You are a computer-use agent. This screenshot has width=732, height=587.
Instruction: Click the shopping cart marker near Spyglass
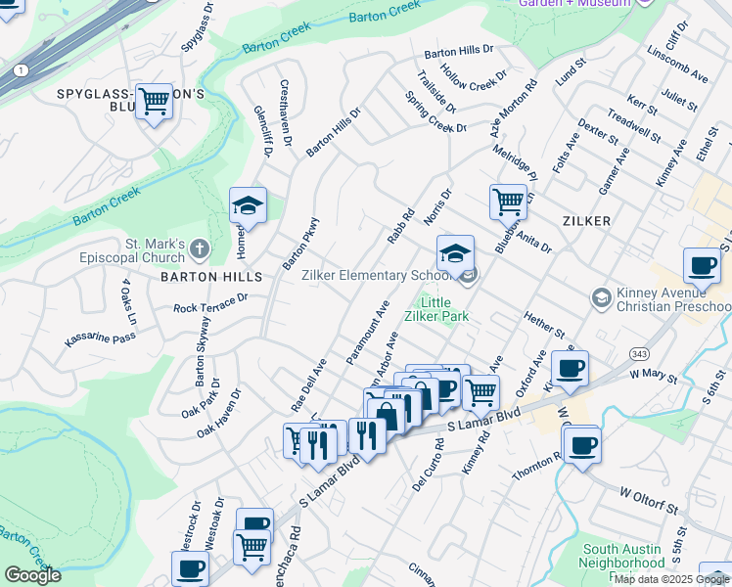click(154, 101)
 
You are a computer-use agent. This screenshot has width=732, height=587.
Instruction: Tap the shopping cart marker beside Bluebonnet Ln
click(508, 203)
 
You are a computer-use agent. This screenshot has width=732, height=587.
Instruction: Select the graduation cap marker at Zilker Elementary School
click(455, 253)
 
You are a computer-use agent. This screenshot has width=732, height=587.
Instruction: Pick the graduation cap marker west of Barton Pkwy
click(248, 206)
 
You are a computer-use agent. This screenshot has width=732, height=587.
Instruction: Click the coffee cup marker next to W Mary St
click(570, 369)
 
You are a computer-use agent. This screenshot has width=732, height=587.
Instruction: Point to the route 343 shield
click(639, 352)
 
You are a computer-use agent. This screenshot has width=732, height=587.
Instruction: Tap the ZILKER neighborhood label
click(587, 221)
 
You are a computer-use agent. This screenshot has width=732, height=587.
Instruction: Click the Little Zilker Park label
click(437, 309)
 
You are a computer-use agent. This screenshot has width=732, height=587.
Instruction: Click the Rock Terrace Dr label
click(211, 304)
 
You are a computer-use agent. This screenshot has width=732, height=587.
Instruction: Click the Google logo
click(32, 575)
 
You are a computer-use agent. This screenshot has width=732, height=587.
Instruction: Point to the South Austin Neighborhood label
click(622, 557)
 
